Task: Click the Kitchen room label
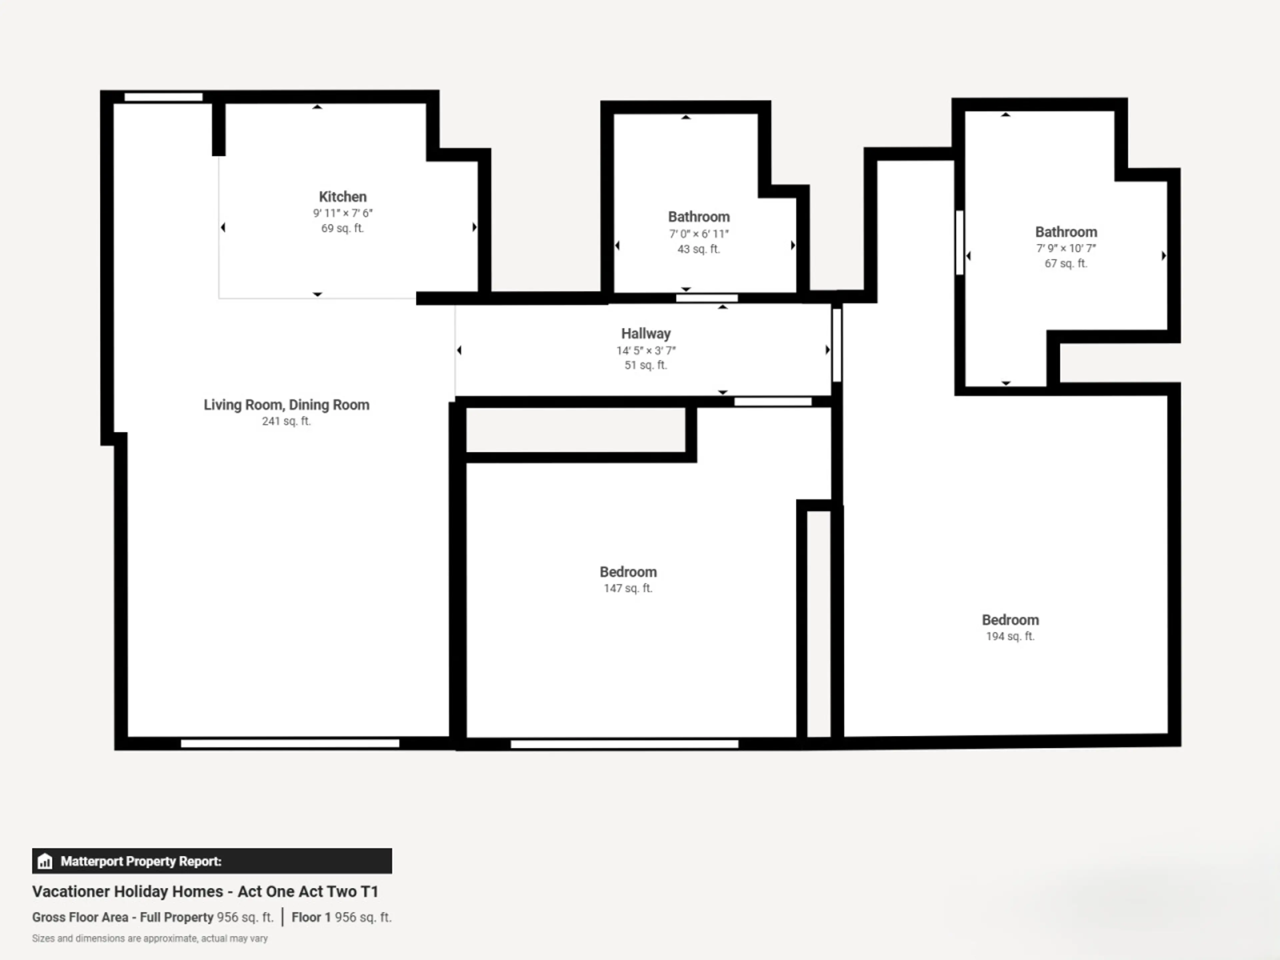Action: [x=343, y=197]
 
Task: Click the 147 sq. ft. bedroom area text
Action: [x=628, y=588]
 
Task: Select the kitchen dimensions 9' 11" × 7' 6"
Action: [x=343, y=213]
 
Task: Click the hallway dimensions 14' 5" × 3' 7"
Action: [x=646, y=350]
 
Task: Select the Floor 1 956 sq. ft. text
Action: [x=341, y=917]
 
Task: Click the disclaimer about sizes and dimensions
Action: [x=150, y=938]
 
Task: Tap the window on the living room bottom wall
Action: [x=290, y=743]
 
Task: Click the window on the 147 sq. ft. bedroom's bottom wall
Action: [x=624, y=744]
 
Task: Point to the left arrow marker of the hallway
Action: [x=459, y=350]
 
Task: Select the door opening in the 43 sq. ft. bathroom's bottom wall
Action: [x=707, y=298]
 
